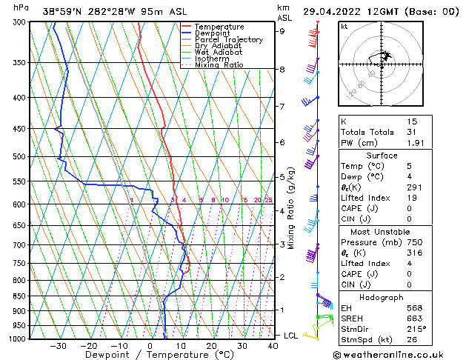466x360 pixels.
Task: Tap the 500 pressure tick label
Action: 20,157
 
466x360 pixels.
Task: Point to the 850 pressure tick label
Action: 20,296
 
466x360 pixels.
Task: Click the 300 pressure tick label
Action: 20,23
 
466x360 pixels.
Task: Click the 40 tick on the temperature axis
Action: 273,346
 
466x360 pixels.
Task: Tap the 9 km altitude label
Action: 282,31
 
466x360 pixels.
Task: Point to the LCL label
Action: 290,336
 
